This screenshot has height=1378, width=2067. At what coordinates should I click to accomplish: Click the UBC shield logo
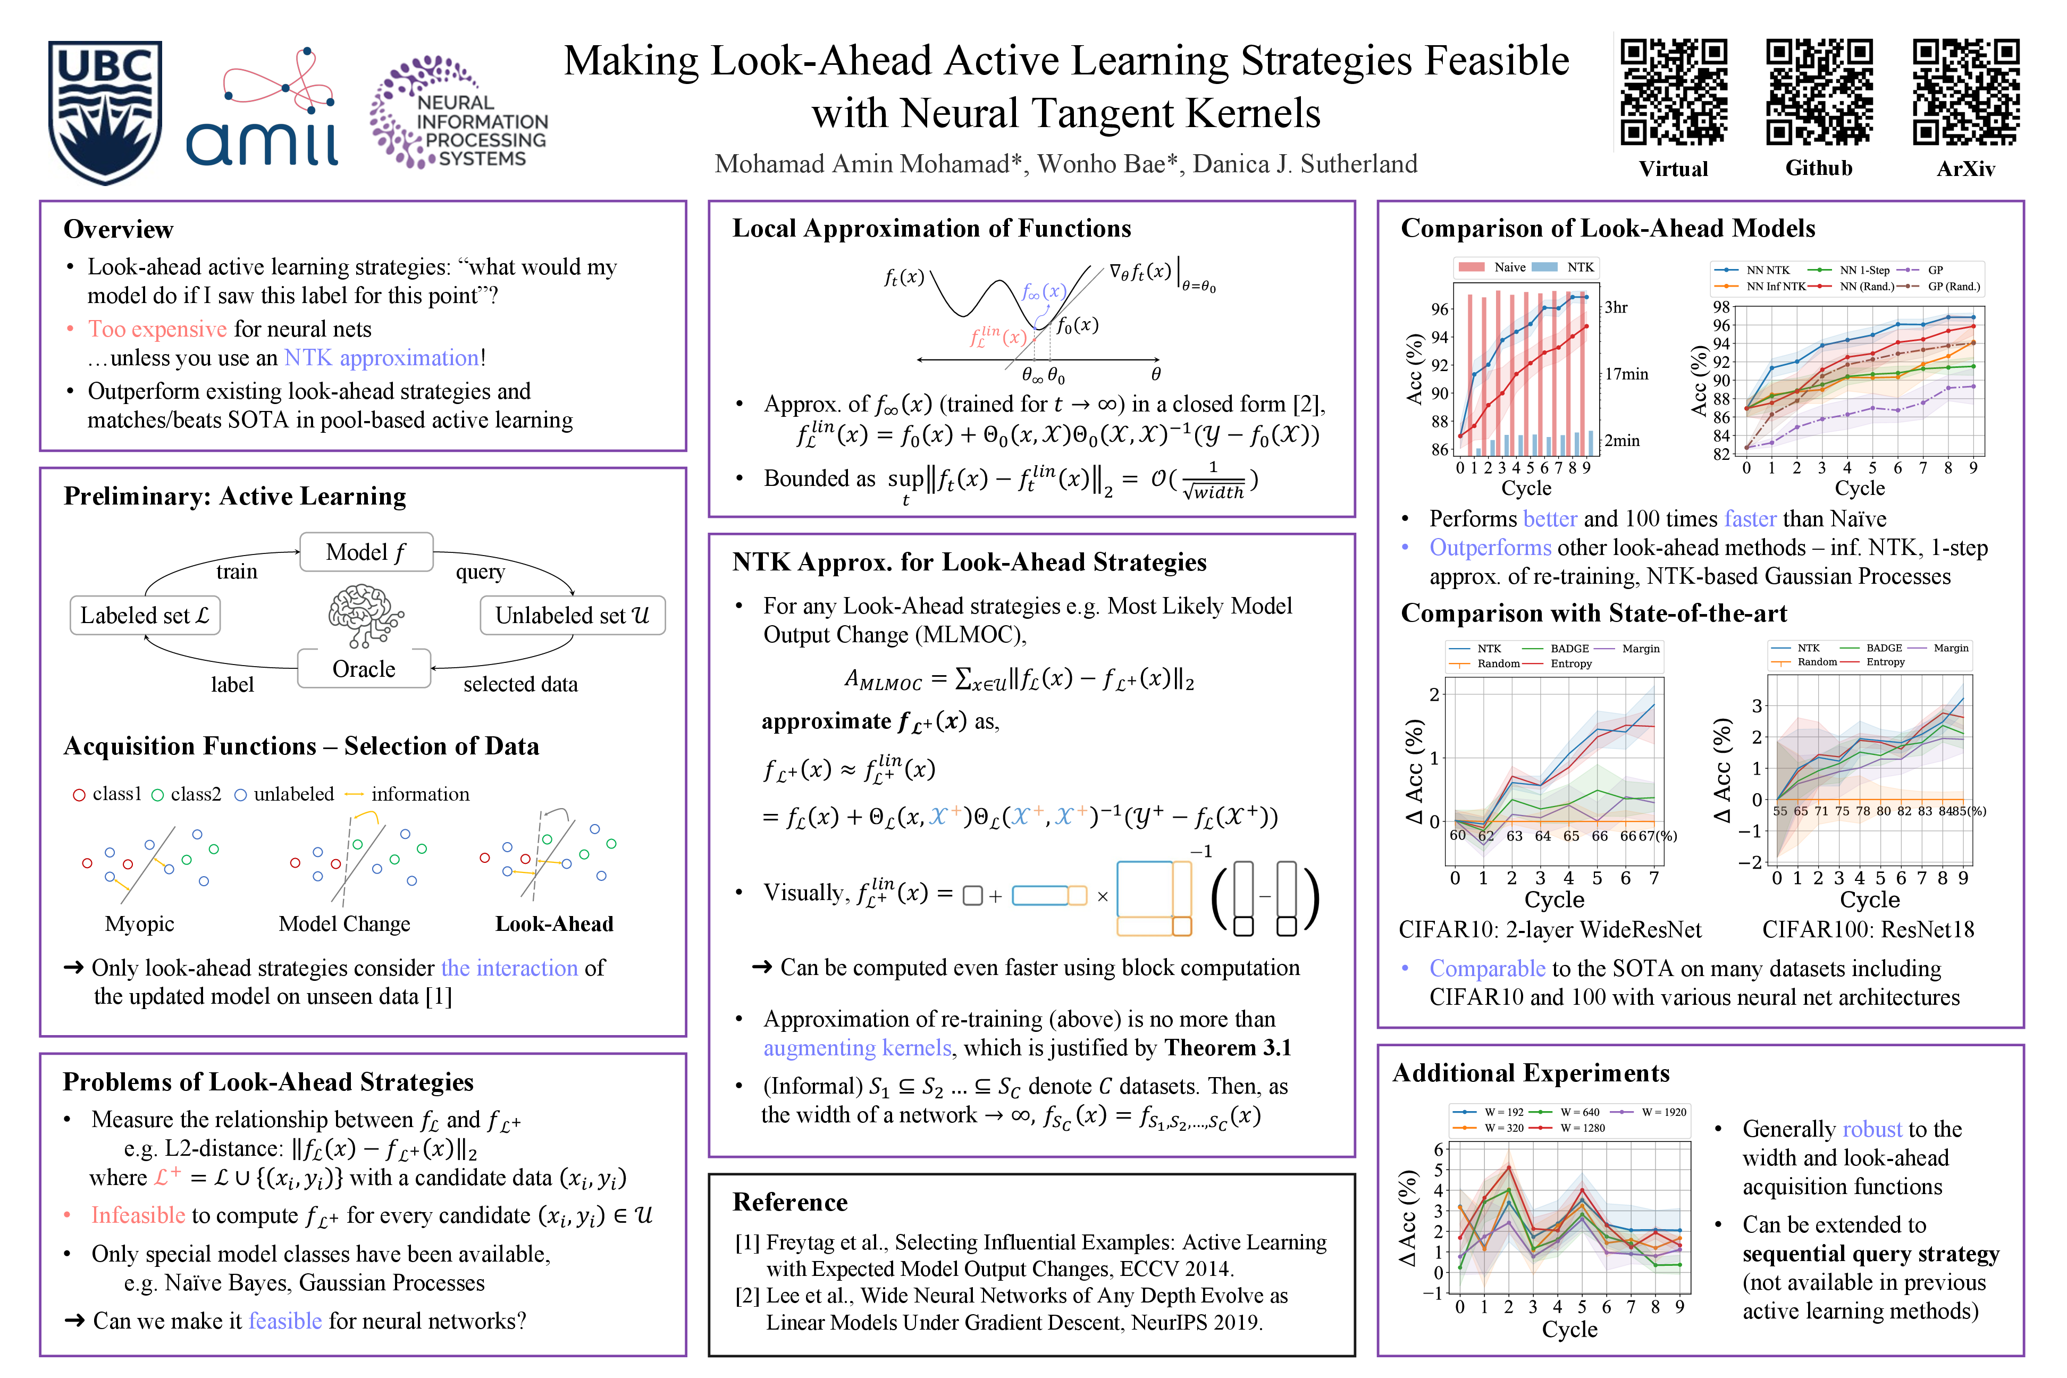[105, 112]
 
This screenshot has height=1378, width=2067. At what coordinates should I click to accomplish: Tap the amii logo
[262, 110]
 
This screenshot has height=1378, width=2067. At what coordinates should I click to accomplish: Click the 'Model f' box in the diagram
[366, 552]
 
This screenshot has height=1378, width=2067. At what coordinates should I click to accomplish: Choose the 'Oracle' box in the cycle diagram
[364, 669]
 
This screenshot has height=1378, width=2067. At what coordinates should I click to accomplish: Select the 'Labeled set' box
[145, 615]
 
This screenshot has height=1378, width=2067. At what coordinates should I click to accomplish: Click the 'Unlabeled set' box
[572, 615]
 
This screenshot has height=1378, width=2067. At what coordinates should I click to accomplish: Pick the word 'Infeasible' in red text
[138, 1215]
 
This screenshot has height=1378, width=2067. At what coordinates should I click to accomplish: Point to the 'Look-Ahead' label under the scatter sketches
[553, 923]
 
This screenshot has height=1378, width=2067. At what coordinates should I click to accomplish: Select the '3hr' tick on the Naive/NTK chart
[1615, 308]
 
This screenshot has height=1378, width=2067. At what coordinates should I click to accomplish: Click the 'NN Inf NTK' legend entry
[1775, 287]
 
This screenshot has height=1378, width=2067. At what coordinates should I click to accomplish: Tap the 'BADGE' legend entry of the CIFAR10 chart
[1569, 649]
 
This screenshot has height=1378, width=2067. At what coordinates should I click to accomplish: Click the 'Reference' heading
[790, 1201]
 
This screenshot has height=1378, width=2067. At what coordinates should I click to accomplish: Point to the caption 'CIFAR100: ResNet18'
[1868, 930]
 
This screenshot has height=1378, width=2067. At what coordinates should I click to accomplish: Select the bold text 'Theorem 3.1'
[1228, 1047]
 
